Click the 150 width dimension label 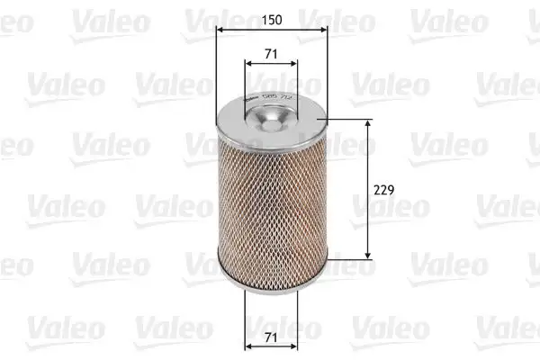(x=272, y=17)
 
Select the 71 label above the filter (x=272, y=54)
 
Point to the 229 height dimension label (x=385, y=190)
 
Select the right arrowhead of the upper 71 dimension (x=295, y=65)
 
